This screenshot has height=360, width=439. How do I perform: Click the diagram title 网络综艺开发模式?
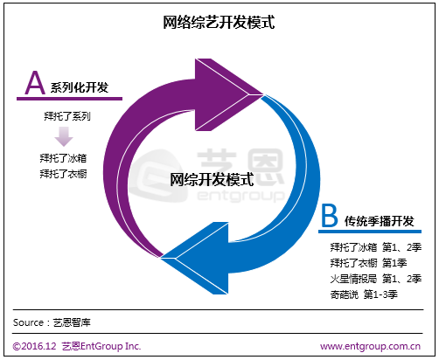coord(219,23)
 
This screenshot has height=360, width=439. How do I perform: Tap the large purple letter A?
coord(35,83)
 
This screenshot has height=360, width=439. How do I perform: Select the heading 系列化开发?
coord(80,87)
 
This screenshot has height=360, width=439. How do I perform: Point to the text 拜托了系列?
coord(67,116)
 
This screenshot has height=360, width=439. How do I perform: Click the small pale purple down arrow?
coord(64,136)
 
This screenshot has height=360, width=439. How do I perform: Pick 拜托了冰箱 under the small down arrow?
coord(63,158)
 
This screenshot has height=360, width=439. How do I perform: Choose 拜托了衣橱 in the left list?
coord(63,174)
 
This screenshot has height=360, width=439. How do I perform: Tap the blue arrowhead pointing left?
coord(194,258)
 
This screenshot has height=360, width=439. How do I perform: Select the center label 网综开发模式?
coord(212,179)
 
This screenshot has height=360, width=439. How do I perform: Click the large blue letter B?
coord(330,216)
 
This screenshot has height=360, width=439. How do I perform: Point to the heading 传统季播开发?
coord(380,221)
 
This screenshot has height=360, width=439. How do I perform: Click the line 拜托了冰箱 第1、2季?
coord(376,247)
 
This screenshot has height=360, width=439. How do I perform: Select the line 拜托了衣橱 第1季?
coord(368,263)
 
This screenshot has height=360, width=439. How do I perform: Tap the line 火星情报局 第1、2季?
coord(376,279)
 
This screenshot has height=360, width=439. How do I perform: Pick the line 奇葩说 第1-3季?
coord(364,294)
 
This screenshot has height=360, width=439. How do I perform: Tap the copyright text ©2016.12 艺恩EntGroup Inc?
coord(77,346)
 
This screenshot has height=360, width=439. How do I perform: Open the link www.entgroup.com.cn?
coord(370,346)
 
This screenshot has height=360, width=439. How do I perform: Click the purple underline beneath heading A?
coord(69,99)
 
